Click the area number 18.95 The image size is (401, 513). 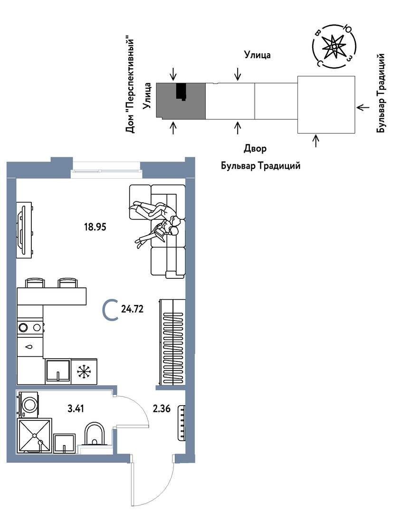coord(95,227)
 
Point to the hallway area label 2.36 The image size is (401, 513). coord(162,408)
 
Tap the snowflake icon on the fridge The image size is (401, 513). coord(84,370)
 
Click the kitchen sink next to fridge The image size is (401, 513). coord(57,370)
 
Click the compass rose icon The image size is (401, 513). coord(334,46)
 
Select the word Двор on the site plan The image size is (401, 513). coord(255,149)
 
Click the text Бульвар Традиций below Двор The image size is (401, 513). coord(260,166)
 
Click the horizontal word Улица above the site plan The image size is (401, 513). coord(257,55)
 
